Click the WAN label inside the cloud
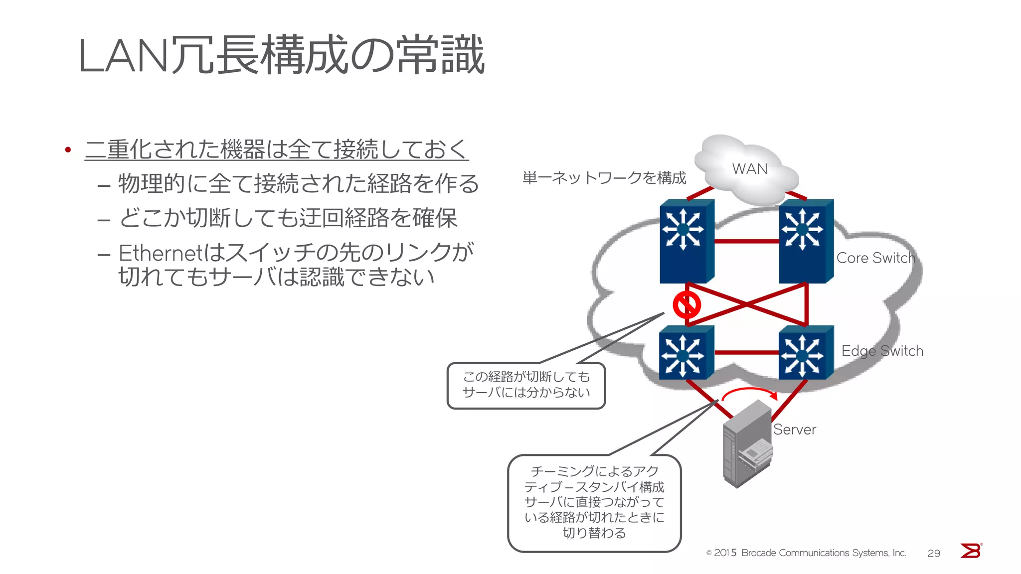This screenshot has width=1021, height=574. point(749,169)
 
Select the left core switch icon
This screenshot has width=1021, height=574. point(686,242)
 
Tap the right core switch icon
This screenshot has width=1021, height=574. point(805,242)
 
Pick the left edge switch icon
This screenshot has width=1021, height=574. point(685,353)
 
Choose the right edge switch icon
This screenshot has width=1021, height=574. point(805,353)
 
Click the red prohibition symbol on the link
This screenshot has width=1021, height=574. point(686,305)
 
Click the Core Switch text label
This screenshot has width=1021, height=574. point(875,258)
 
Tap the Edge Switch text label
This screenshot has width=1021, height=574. point(882,351)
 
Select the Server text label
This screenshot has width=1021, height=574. point(794,430)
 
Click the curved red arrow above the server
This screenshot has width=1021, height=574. point(749,392)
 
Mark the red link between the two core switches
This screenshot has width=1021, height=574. point(746,241)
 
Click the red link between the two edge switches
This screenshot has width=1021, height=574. point(746,352)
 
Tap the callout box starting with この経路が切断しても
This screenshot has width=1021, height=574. point(526,385)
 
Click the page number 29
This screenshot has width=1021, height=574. point(933,553)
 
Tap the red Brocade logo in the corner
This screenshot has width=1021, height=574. point(971,551)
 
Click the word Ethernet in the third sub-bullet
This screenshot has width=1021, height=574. point(160,253)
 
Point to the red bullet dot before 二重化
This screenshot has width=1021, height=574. point(68,149)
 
